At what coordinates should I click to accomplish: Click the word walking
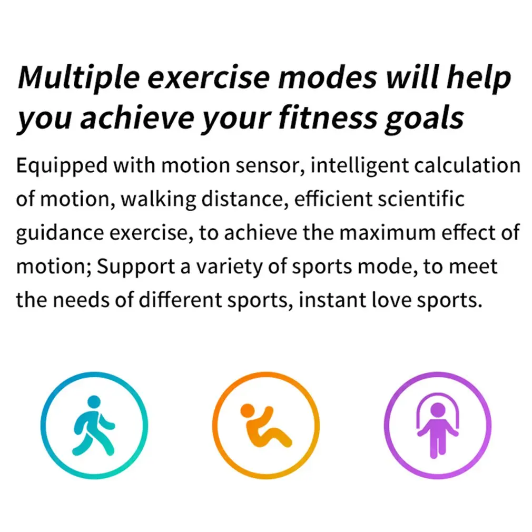tap(158, 200)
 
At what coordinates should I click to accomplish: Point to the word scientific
tap(421, 199)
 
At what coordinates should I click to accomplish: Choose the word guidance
tap(60, 233)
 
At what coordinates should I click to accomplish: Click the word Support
tap(136, 268)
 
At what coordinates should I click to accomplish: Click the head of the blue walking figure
tap(94, 401)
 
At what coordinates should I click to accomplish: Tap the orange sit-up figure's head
tap(247, 410)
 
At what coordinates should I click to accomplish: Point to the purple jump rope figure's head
tap(437, 409)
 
